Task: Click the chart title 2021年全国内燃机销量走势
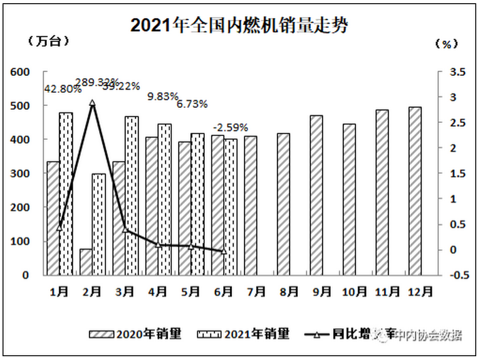[239, 25]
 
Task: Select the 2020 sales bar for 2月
[86, 262]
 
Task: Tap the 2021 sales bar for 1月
[66, 193]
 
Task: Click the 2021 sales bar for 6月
[230, 206]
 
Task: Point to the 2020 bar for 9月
[316, 195]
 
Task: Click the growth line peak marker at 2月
[92, 103]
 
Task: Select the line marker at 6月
[224, 251]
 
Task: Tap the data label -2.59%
[230, 125]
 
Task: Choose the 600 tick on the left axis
[21, 72]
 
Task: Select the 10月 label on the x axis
[349, 292]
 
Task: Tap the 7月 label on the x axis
[251, 292]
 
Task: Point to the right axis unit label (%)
[446, 43]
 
